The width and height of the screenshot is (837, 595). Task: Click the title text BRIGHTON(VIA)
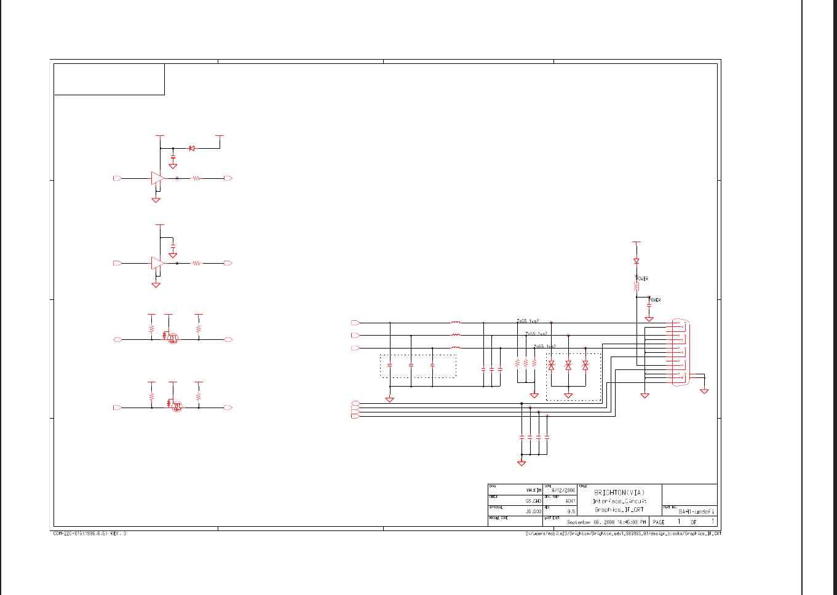(619, 492)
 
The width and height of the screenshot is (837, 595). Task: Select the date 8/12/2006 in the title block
(563, 491)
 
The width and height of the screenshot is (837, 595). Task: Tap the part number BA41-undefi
(696, 511)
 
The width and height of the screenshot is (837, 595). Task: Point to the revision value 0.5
(571, 511)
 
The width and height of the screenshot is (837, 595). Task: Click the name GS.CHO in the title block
(533, 501)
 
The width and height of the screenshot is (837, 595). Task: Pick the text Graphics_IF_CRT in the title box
(619, 510)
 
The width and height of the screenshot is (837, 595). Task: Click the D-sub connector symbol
(680, 353)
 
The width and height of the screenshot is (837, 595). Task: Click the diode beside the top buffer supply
(192, 148)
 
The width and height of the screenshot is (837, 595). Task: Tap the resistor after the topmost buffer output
(196, 178)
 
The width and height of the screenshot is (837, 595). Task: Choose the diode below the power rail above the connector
(636, 261)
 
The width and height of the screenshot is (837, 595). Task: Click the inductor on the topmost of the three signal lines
(456, 323)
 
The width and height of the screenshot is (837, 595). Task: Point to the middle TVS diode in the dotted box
(568, 365)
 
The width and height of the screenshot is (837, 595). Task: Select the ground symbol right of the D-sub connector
(704, 391)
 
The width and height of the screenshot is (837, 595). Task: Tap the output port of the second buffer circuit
(228, 263)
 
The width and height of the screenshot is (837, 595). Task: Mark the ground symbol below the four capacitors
(522, 463)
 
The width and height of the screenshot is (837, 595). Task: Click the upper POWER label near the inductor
(642, 278)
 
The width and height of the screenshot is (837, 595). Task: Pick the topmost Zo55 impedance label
(528, 321)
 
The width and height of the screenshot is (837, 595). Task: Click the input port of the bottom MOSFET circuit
(117, 408)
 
